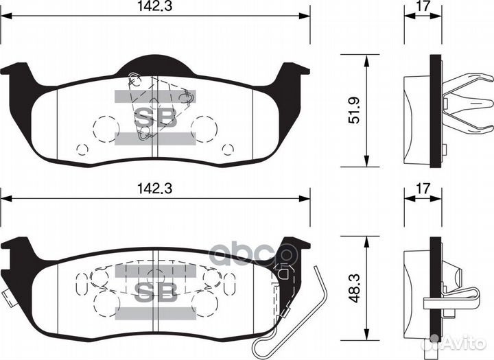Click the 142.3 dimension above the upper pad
pyautogui.click(x=155, y=9)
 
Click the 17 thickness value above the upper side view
pyautogui.click(x=423, y=9)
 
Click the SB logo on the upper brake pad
pyautogui.click(x=154, y=117)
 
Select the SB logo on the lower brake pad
pyautogui.click(x=154, y=291)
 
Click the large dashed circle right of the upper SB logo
pyautogui.click(x=204, y=125)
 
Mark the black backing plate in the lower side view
pyautogui.click(x=434, y=288)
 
